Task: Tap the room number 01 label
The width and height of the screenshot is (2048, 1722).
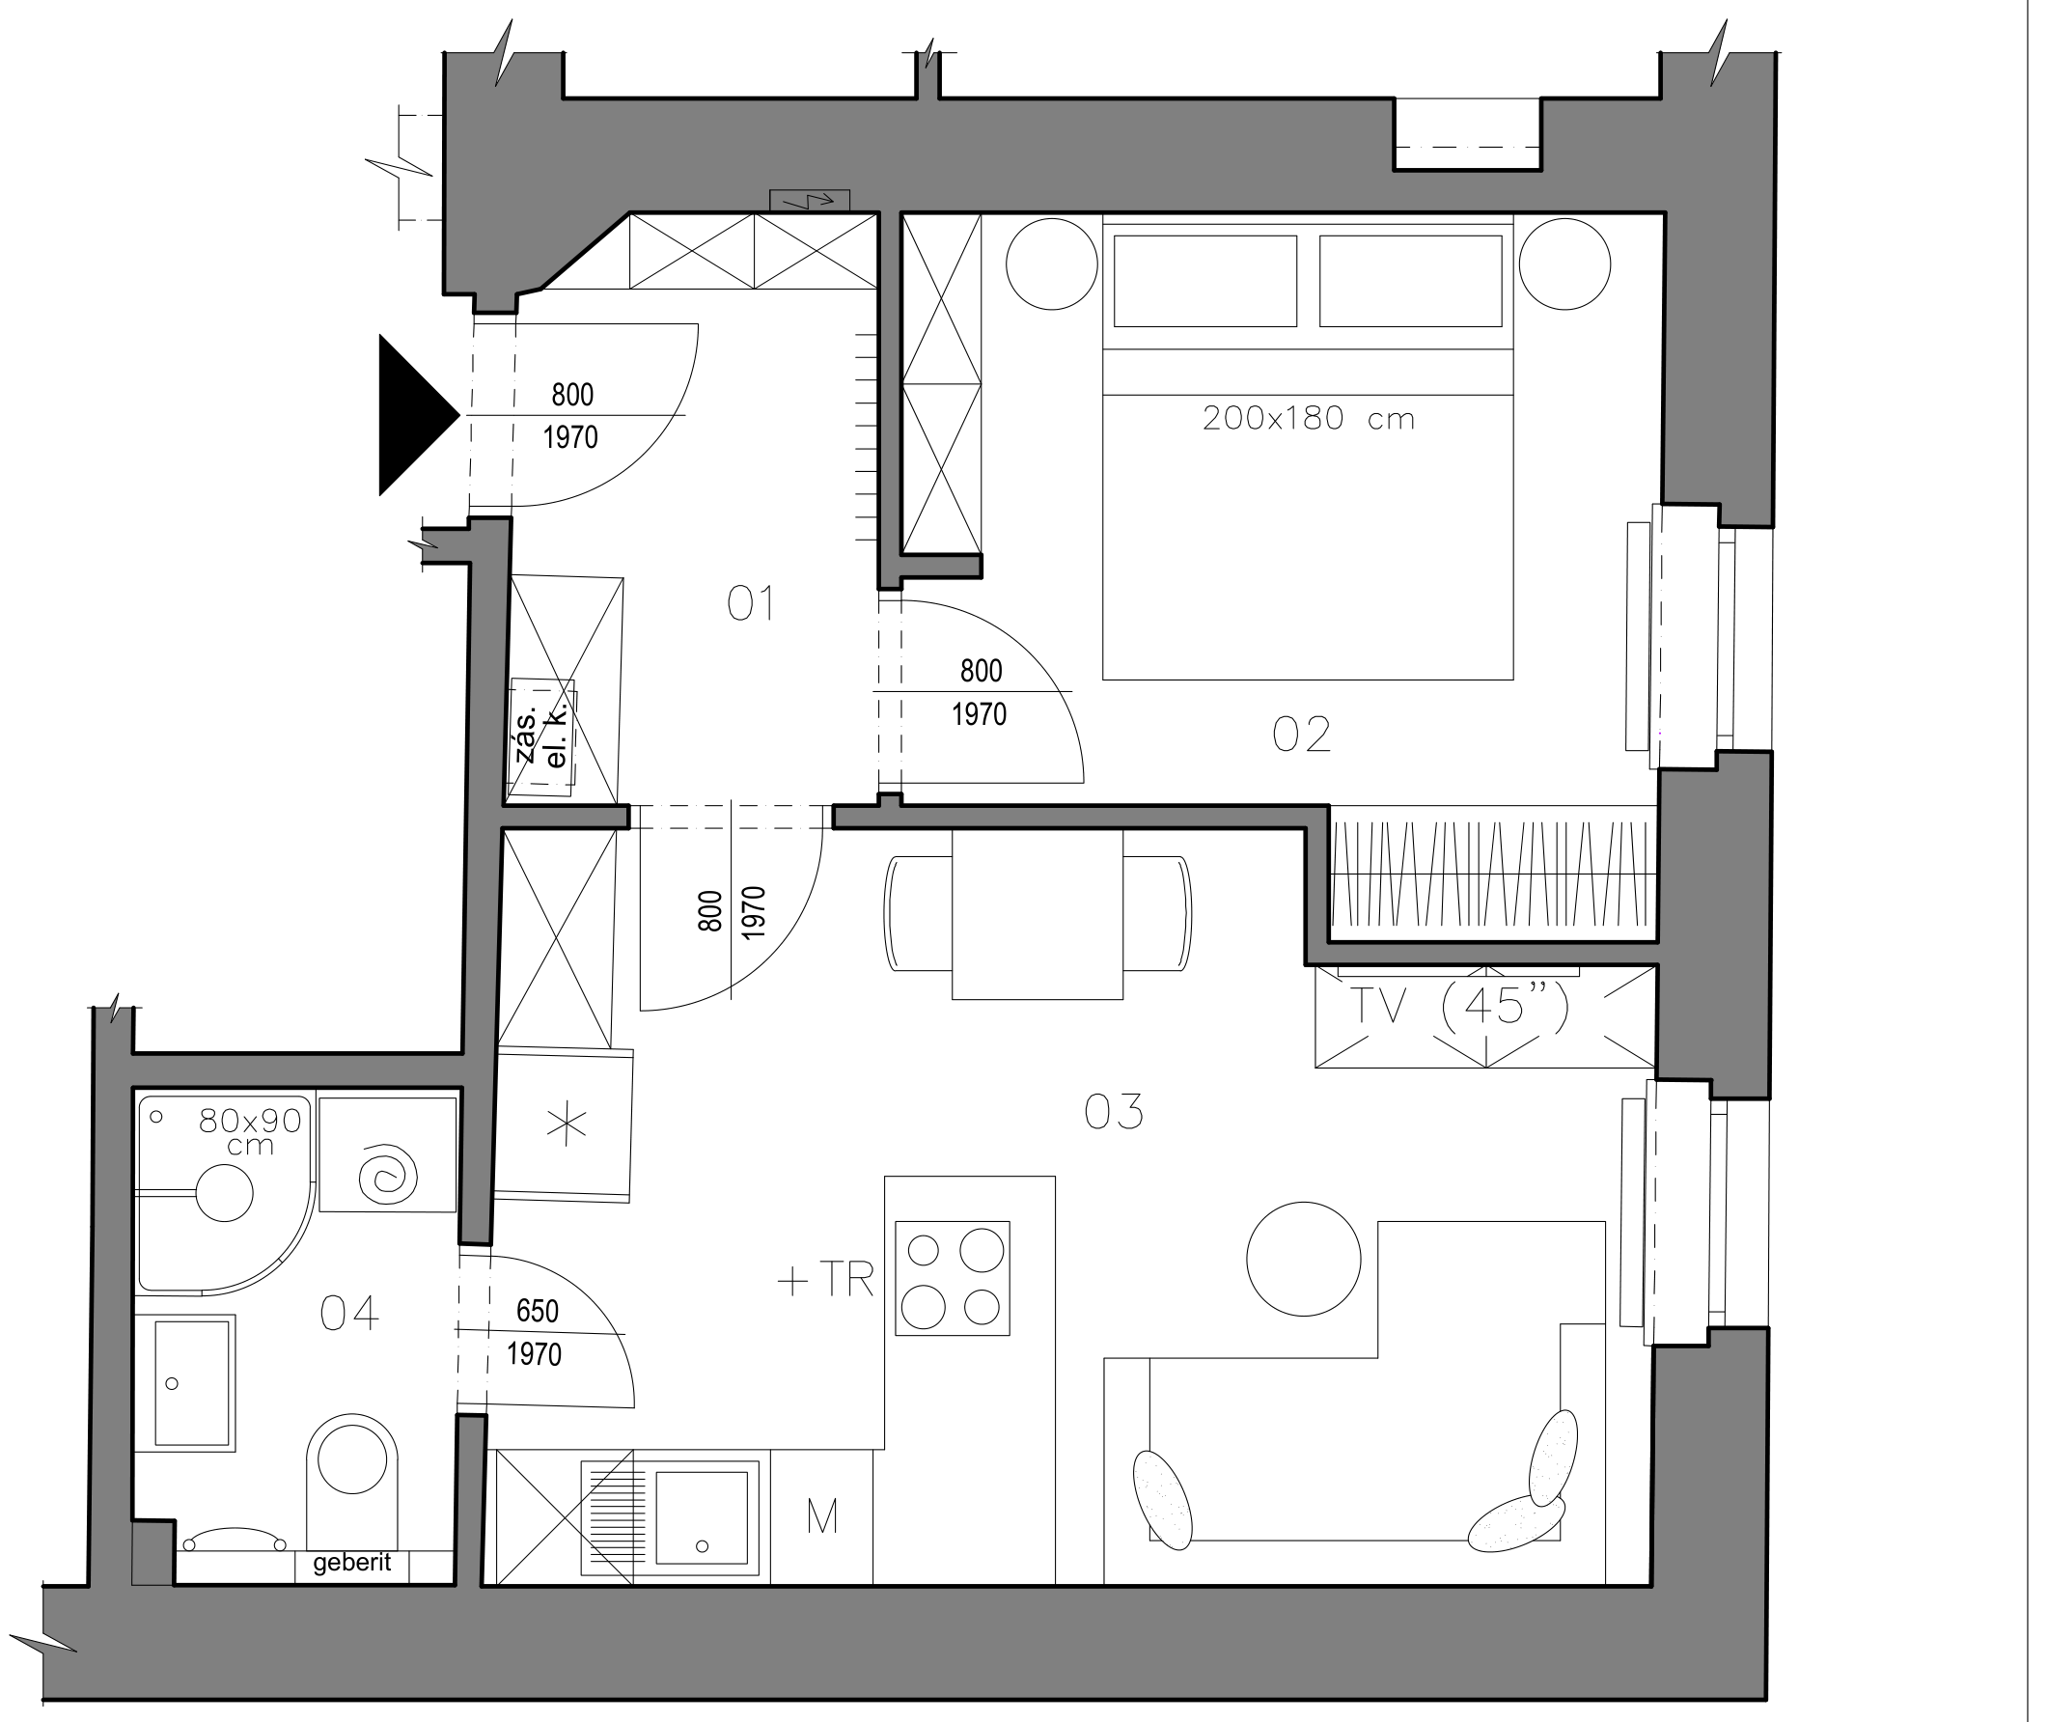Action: click(752, 604)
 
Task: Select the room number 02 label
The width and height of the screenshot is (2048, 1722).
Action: click(1301, 736)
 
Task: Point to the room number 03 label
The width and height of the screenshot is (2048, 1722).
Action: click(1114, 1112)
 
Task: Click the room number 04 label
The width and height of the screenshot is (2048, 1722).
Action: click(349, 1314)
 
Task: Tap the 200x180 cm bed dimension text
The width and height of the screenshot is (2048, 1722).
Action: click(1308, 419)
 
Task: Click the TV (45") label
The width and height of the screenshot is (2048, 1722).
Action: click(1461, 1005)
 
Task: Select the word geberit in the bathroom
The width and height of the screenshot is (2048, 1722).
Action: click(352, 1563)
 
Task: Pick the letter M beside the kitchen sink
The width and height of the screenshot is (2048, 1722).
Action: click(823, 1517)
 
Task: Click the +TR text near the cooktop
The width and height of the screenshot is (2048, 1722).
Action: click(826, 1281)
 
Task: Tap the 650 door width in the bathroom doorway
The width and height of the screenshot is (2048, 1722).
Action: click(538, 1311)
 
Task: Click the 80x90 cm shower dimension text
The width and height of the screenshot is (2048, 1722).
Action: click(250, 1132)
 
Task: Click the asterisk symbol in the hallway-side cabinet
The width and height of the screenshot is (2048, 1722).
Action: click(567, 1125)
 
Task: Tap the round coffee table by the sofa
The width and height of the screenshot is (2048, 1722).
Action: click(1303, 1259)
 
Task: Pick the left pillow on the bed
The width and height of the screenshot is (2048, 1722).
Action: click(1205, 281)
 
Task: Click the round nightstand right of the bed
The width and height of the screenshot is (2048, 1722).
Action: click(1564, 264)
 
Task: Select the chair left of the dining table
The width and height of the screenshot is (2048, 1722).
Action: click(918, 913)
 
